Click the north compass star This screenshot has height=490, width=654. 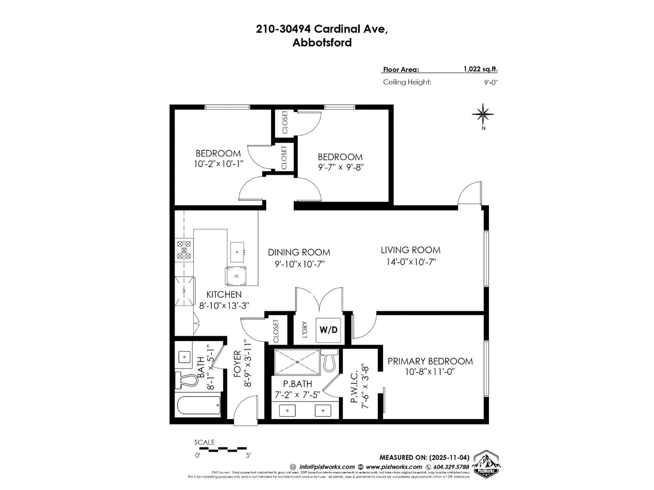[482, 114]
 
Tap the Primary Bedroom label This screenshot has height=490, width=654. [430, 361]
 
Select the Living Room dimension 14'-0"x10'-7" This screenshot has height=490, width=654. [411, 262]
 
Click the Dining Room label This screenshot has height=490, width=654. [299, 252]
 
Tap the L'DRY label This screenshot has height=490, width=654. [305, 330]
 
